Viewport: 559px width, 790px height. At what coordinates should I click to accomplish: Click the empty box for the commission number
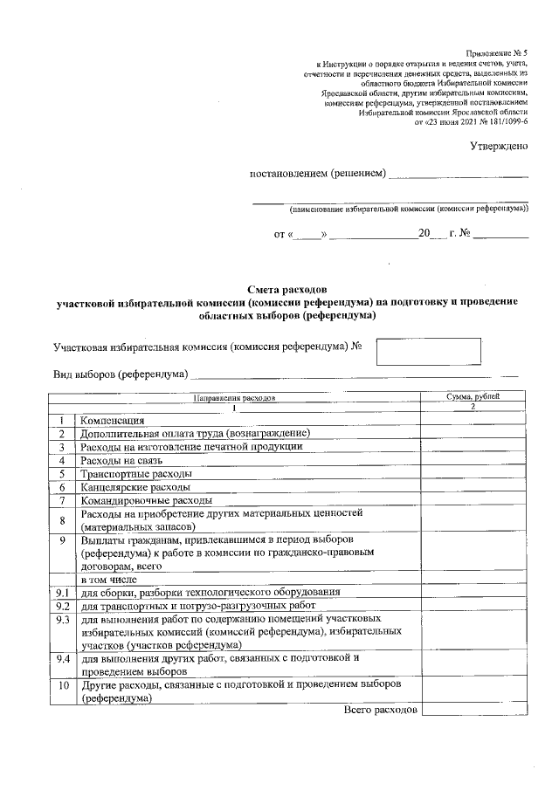click(428, 351)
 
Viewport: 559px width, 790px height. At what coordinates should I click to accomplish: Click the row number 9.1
click(62, 593)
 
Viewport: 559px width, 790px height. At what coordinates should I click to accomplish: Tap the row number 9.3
click(62, 619)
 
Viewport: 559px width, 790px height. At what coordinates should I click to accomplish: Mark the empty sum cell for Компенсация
click(473, 421)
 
